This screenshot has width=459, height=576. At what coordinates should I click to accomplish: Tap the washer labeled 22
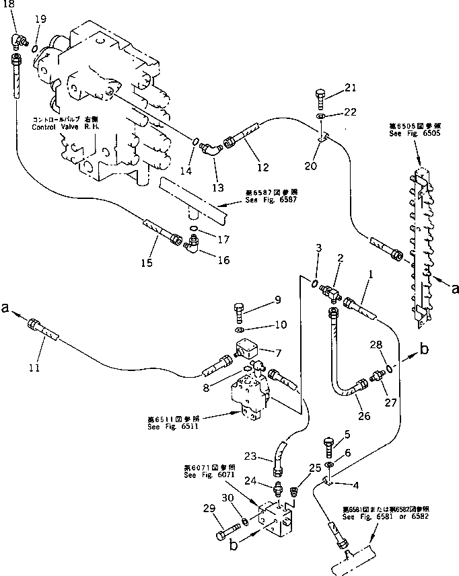(322, 118)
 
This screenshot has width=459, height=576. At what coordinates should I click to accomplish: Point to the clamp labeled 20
(324, 139)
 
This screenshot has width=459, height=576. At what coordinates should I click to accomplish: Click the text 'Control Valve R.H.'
(64, 125)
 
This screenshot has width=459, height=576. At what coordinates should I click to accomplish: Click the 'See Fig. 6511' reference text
(170, 425)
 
